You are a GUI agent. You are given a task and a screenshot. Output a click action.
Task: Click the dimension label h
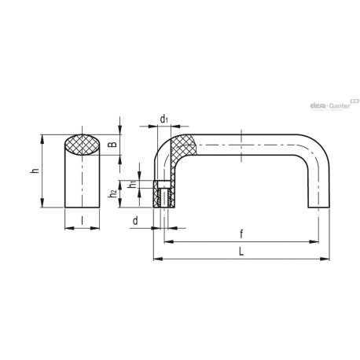coord(35,171)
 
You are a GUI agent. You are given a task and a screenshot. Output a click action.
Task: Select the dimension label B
coord(112,145)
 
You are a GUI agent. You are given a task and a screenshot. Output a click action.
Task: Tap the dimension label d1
coord(163,119)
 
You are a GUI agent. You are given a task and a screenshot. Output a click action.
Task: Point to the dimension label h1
coord(133,185)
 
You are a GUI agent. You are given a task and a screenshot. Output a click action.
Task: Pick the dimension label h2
coord(113,194)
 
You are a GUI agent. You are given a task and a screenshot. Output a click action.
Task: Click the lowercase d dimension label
coord(135,221)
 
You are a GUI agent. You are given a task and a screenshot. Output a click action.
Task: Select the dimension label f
coord(241,234)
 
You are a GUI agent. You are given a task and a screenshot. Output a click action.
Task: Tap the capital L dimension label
coord(241,252)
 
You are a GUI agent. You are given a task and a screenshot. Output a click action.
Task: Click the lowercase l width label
coord(82,221)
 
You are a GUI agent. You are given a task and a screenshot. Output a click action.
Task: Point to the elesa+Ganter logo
coord(334,105)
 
